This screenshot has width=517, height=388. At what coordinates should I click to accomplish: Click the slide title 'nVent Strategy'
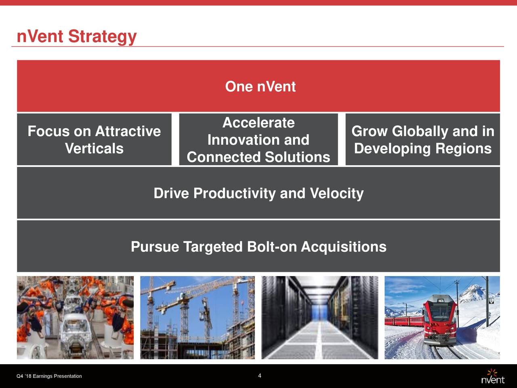(x=76, y=37)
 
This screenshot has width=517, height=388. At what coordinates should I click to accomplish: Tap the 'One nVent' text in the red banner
(x=260, y=86)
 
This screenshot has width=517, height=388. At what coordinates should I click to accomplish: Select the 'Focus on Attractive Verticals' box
(x=94, y=140)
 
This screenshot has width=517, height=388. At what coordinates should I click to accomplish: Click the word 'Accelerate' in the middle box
(x=258, y=123)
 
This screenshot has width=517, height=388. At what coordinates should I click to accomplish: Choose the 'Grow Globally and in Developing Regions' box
(x=422, y=140)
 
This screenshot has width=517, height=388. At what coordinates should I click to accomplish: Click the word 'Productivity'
(x=234, y=194)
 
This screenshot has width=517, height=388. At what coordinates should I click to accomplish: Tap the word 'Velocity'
(x=336, y=194)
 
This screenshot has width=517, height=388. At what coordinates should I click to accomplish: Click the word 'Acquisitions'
(x=343, y=247)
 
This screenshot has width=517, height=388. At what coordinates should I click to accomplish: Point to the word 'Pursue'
(x=155, y=247)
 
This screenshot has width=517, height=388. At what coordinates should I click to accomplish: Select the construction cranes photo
(x=198, y=318)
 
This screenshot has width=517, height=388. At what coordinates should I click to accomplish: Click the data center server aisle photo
(x=319, y=318)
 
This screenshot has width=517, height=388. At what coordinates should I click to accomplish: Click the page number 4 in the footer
(x=259, y=376)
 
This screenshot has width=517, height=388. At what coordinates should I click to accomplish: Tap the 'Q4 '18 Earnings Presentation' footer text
(x=49, y=376)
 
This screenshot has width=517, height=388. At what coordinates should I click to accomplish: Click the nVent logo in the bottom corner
(x=492, y=377)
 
